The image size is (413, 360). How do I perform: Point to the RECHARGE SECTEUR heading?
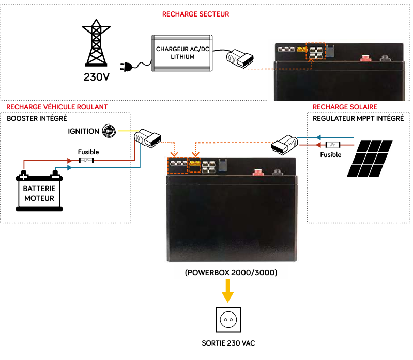click(195, 14)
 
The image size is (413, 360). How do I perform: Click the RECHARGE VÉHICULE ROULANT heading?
click(57, 107)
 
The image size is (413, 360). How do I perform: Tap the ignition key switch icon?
click(108, 131)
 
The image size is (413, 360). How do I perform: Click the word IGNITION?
click(83, 131)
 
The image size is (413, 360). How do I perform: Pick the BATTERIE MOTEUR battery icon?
click(39, 191)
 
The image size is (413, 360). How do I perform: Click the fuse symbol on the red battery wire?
click(86, 161)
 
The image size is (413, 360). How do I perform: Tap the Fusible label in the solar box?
click(331, 154)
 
